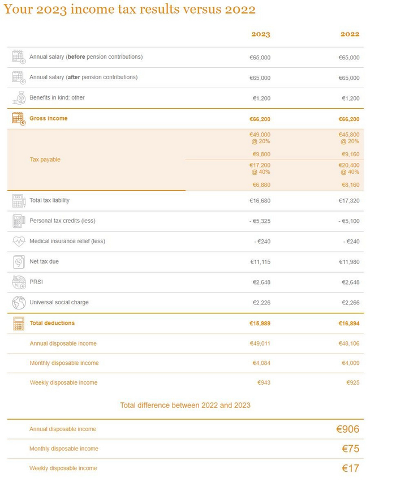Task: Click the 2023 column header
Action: click(x=260, y=35)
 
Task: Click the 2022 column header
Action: click(x=350, y=35)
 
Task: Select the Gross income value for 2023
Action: click(x=260, y=119)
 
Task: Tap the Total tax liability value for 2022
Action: click(x=348, y=201)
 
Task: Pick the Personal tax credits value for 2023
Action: click(x=260, y=221)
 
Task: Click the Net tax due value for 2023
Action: click(x=260, y=262)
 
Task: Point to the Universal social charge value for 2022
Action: click(x=348, y=303)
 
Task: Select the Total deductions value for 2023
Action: click(x=260, y=324)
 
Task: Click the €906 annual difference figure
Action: click(x=347, y=429)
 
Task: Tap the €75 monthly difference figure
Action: click(x=350, y=449)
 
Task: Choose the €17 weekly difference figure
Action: click(x=350, y=468)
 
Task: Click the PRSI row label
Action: click(x=36, y=282)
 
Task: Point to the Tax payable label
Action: click(x=45, y=160)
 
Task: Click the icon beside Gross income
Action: click(x=18, y=118)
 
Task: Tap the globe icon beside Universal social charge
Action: click(x=18, y=303)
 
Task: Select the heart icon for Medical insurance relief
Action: click(x=18, y=242)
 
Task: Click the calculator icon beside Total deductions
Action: click(x=18, y=324)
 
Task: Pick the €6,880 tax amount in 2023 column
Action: click(x=261, y=185)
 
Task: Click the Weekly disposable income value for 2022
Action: click(x=352, y=383)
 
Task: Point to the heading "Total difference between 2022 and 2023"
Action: click(x=185, y=405)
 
